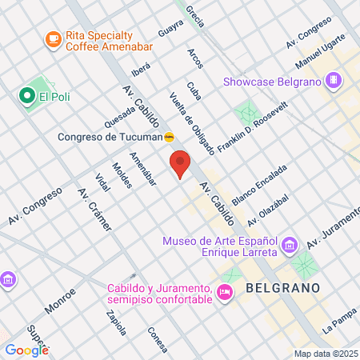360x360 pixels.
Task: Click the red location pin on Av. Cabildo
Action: pos(180,164)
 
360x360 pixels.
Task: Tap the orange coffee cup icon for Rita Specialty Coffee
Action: pos(53,38)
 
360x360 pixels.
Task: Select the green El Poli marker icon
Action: pos(27,97)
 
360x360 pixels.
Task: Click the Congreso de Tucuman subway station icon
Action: pos(170,137)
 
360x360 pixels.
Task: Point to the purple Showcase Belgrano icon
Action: pos(334,80)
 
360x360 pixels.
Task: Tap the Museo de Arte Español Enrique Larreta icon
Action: pos(290,243)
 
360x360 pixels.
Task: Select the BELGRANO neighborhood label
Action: pos(282,287)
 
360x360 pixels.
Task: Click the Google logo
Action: pos(26,349)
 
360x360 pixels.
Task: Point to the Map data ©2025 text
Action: pos(325,354)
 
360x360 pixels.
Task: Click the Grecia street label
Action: pos(194,14)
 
